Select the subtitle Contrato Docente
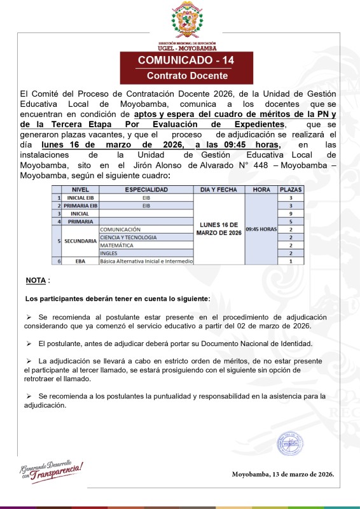tap(187, 76)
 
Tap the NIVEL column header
tap(80, 190)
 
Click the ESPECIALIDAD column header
tap(146, 190)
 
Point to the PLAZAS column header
tap(291, 190)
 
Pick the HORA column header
tap(261, 190)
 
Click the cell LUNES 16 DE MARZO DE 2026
tap(219, 228)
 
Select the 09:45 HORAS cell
tap(261, 228)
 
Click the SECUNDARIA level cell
tap(80, 241)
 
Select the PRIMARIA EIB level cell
tap(80, 206)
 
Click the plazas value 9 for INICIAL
tap(291, 214)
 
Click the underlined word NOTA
tap(36, 281)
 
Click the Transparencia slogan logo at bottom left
tap(52, 469)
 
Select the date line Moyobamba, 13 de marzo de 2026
tap(282, 474)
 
